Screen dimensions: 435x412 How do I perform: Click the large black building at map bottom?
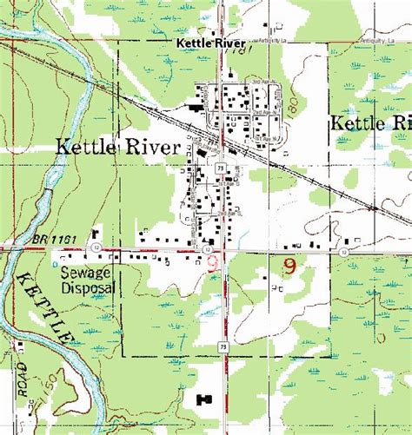(205, 398)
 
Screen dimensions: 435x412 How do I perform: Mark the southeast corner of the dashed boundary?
(330, 356)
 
